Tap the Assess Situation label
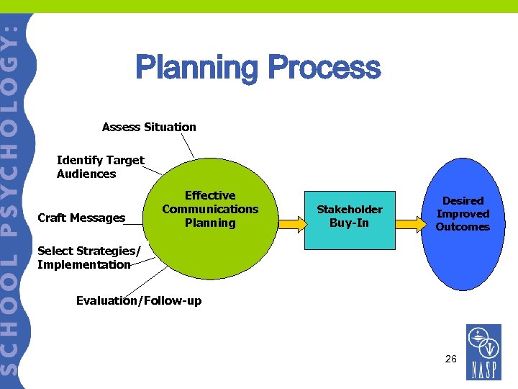149,127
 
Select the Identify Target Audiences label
100,166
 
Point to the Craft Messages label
81,218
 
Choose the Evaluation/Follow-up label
139,300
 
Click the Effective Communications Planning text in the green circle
210,209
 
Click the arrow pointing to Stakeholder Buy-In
291,224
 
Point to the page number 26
450,358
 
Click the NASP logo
483,352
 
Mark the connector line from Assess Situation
187,146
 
